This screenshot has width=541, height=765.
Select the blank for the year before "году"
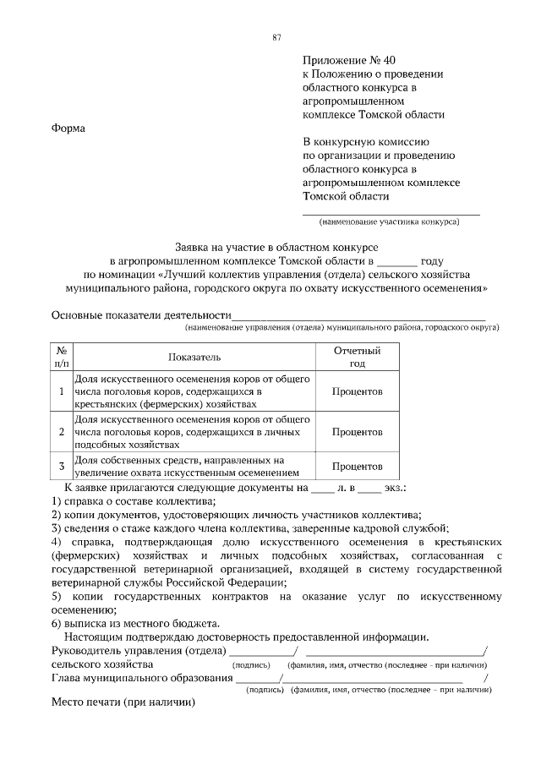coord(397,263)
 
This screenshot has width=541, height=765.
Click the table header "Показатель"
coord(194,358)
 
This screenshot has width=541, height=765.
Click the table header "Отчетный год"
coord(357,357)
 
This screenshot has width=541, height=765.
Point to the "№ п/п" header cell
coord(62,357)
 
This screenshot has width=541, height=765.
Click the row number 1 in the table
coord(62,392)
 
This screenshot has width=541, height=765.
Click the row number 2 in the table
coord(62,432)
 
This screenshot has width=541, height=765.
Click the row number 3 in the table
coord(62,466)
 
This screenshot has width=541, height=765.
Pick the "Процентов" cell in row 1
coord(357,392)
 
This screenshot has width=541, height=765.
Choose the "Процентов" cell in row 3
coord(357,466)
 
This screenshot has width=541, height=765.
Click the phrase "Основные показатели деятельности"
coord(141,316)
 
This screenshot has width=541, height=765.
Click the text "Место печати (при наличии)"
coord(123,702)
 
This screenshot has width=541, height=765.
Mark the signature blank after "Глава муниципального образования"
coord(257,680)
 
